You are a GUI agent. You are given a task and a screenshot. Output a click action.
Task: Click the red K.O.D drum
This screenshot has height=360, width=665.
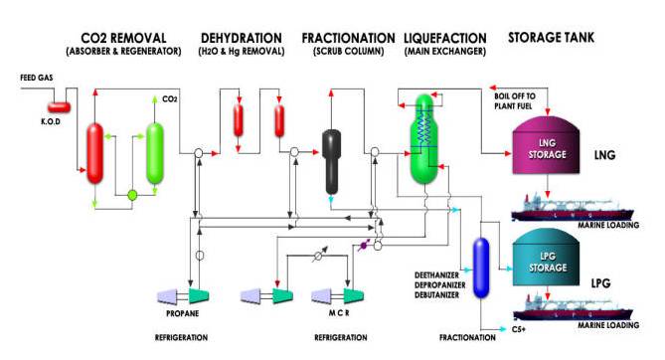(59, 105)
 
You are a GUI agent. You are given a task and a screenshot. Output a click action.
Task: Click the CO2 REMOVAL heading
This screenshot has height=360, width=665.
(124, 37)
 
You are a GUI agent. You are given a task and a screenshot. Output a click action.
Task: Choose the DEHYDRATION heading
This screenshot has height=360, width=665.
(243, 37)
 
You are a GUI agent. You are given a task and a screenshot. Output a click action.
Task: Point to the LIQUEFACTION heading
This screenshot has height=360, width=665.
(443, 37)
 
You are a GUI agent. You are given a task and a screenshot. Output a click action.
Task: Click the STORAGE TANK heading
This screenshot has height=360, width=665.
(552, 37)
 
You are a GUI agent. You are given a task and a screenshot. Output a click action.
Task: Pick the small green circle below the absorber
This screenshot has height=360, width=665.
(131, 195)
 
